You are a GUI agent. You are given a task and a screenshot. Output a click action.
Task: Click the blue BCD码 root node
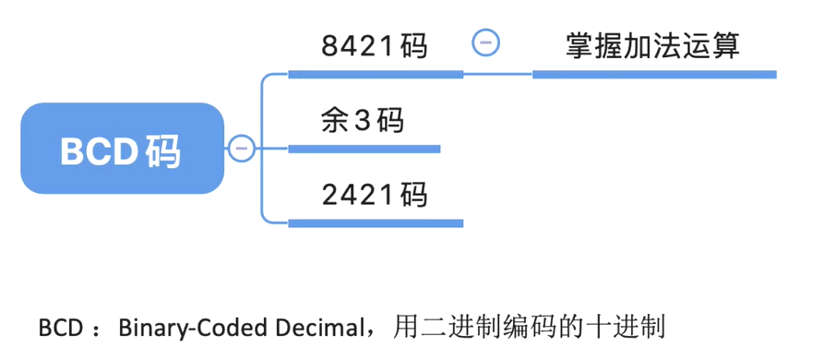click(x=122, y=149)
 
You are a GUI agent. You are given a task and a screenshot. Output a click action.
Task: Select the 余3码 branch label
click(x=364, y=120)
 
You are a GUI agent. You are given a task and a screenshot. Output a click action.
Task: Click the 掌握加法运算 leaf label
click(x=653, y=44)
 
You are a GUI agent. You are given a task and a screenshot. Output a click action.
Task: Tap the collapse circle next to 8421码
click(x=486, y=42)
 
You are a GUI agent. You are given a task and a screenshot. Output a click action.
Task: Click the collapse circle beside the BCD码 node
click(x=242, y=148)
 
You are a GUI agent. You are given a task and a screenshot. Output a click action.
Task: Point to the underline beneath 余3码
click(x=364, y=148)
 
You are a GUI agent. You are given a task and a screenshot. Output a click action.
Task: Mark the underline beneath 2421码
click(x=376, y=222)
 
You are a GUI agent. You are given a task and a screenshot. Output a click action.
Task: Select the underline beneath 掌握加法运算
click(x=654, y=73)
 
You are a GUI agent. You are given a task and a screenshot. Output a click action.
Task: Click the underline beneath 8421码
click(x=376, y=73)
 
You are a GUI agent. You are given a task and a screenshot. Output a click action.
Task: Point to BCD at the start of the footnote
click(x=60, y=328)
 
